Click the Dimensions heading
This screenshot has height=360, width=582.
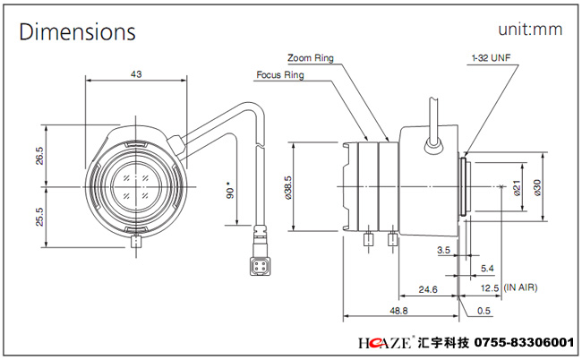[x=78, y=31]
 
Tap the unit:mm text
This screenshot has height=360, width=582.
[x=530, y=30]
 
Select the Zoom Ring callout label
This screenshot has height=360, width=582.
[x=311, y=58]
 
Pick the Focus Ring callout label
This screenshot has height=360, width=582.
[x=280, y=75]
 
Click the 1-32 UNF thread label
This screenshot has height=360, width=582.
[x=491, y=58]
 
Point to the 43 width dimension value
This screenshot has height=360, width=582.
[x=136, y=74]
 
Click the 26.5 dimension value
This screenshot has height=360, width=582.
[x=39, y=156]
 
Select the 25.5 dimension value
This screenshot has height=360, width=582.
[x=39, y=217]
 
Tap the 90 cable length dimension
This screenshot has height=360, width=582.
[x=230, y=190]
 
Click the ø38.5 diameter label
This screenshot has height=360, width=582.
[x=288, y=188]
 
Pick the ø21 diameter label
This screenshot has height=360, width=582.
[x=517, y=188]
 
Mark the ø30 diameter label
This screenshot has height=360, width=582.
[x=537, y=188]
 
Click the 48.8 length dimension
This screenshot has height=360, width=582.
[x=398, y=310]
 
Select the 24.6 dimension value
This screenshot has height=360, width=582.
[x=428, y=289]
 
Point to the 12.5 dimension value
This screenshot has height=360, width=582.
[x=490, y=288]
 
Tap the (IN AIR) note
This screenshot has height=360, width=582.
[x=520, y=287]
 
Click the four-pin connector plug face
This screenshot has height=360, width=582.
[x=260, y=266]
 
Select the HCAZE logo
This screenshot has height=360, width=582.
[x=384, y=342]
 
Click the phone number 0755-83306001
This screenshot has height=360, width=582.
[x=525, y=342]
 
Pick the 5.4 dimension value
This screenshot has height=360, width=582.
[x=487, y=269]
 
